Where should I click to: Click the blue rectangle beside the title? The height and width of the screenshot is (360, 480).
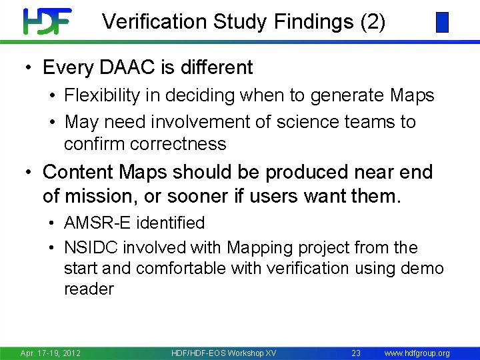[442, 23]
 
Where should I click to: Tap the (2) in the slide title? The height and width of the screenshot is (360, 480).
[373, 22]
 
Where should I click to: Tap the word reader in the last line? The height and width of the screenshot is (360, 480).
[89, 289]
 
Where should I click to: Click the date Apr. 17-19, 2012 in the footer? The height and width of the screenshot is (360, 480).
[51, 353]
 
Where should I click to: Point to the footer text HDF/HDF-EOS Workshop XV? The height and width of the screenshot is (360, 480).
[223, 353]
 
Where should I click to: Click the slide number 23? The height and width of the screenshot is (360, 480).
[356, 353]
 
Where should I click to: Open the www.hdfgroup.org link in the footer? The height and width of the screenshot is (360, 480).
[417, 353]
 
